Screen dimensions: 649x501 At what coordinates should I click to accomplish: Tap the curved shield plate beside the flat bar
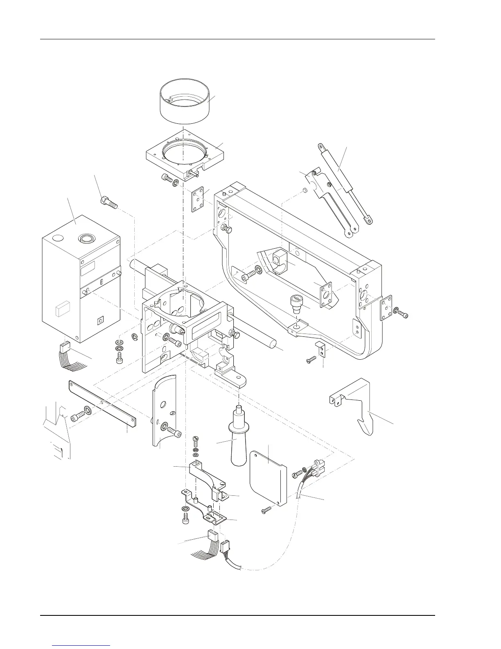click(164, 410)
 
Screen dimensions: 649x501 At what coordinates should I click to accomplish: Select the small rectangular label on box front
click(62, 309)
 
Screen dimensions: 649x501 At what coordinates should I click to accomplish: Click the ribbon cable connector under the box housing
click(65, 348)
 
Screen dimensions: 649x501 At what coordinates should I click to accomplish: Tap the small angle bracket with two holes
click(322, 348)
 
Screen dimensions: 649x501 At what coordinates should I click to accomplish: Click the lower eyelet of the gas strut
click(369, 220)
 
